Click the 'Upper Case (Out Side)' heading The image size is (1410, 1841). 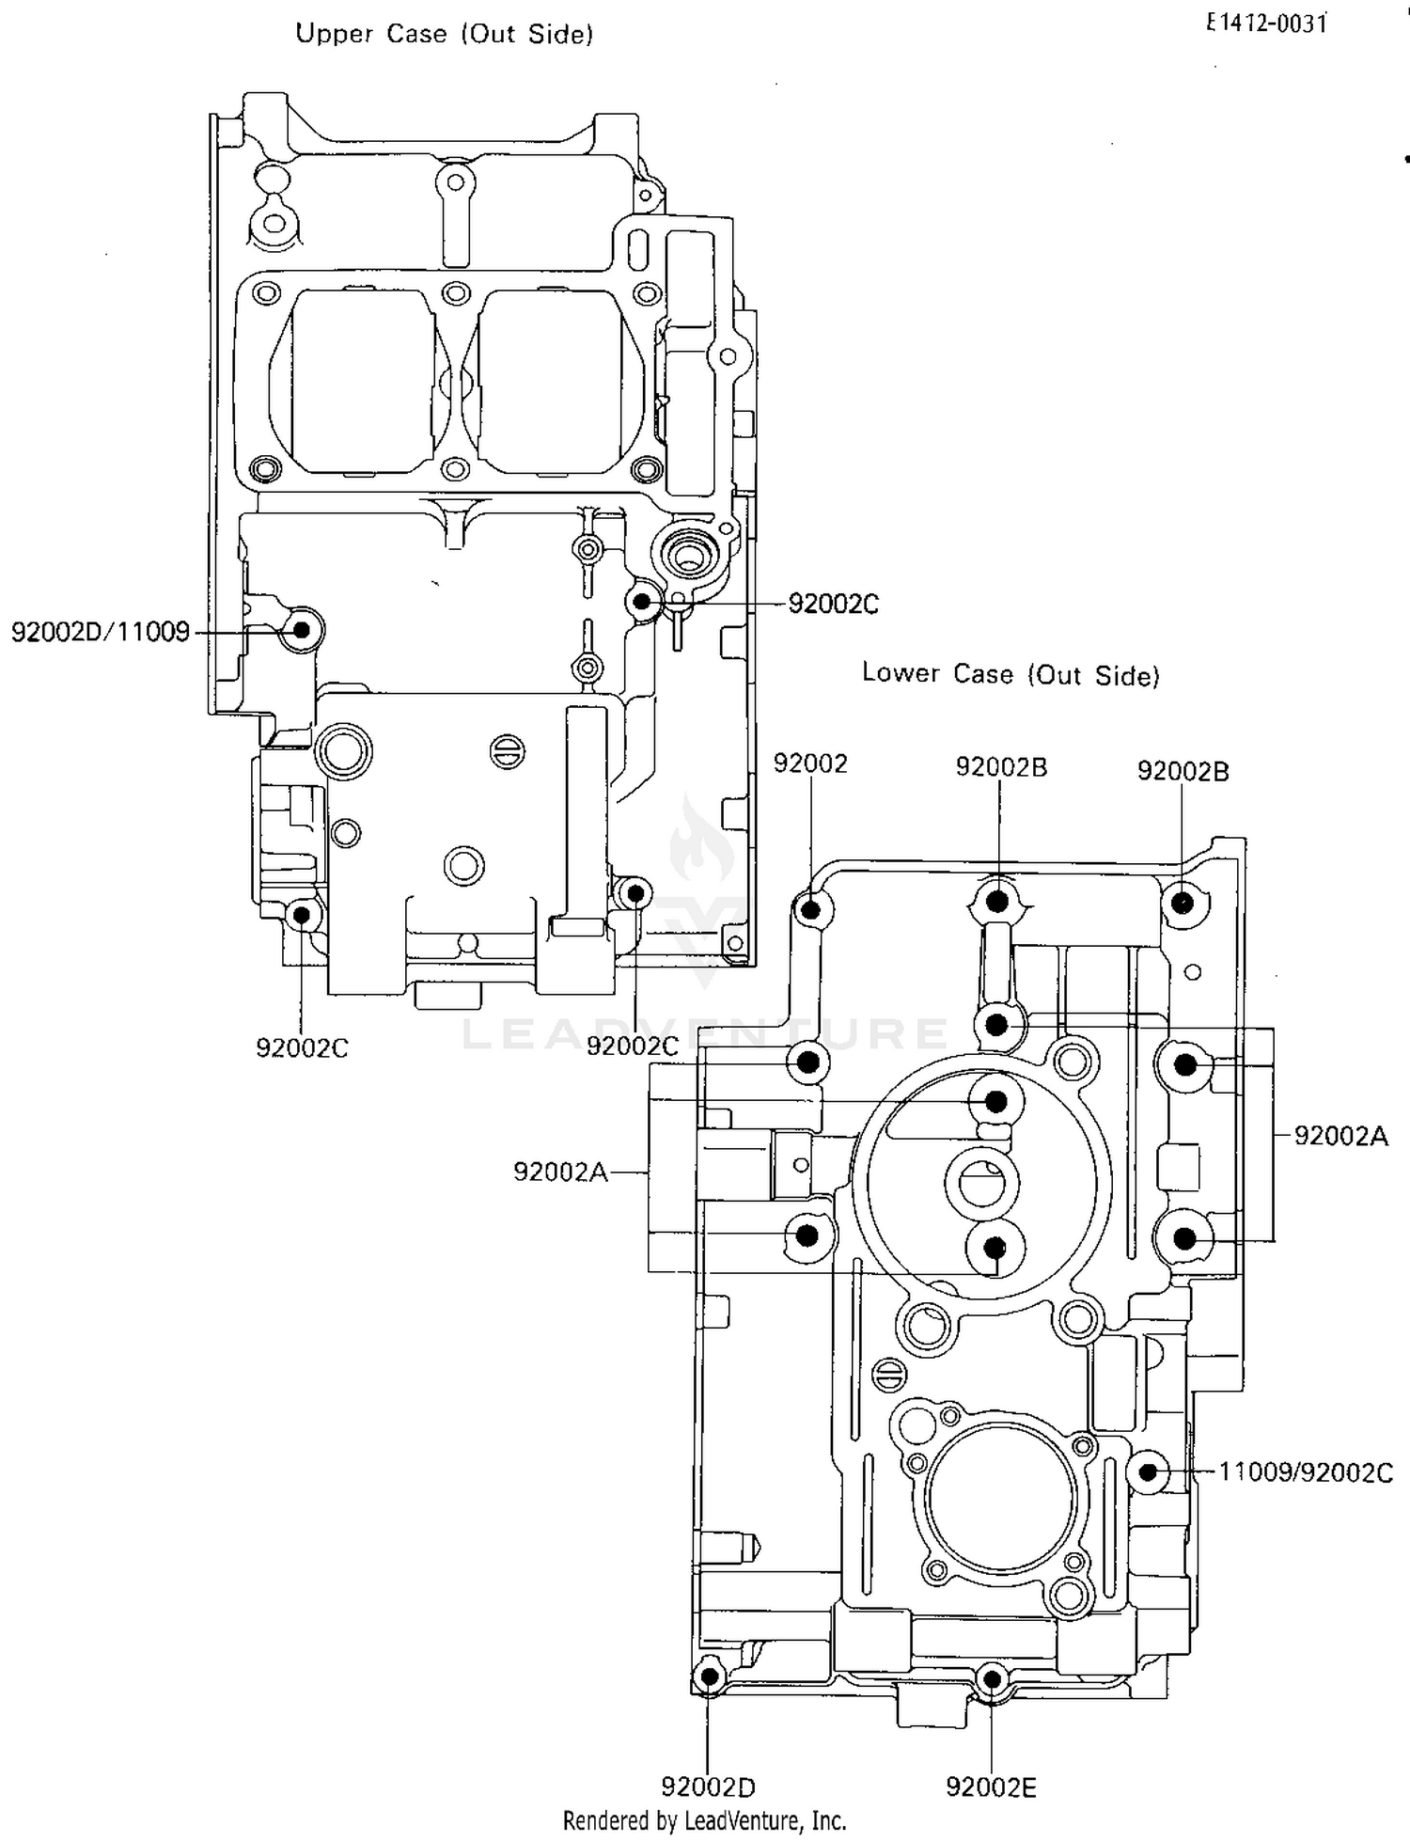(444, 34)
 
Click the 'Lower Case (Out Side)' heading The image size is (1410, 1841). (1010, 674)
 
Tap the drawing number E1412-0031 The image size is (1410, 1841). (1266, 24)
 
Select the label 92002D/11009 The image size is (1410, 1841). (101, 632)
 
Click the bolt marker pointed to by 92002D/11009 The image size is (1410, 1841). (302, 630)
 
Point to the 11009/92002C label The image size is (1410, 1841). (1305, 1472)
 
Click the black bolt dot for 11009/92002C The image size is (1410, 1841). (1147, 1471)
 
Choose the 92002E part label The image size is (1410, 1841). (991, 1787)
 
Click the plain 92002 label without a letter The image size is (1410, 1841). (810, 763)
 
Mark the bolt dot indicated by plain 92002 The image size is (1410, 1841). (810, 909)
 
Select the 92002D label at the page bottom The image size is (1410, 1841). (708, 1786)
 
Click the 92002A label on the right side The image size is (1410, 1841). (1340, 1136)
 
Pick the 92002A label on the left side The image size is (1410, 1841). (560, 1172)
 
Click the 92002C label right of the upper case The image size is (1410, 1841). (833, 605)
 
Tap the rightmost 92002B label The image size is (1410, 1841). (1183, 771)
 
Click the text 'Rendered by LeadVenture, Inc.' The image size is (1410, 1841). (704, 1821)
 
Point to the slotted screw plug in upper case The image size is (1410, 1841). (508, 751)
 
